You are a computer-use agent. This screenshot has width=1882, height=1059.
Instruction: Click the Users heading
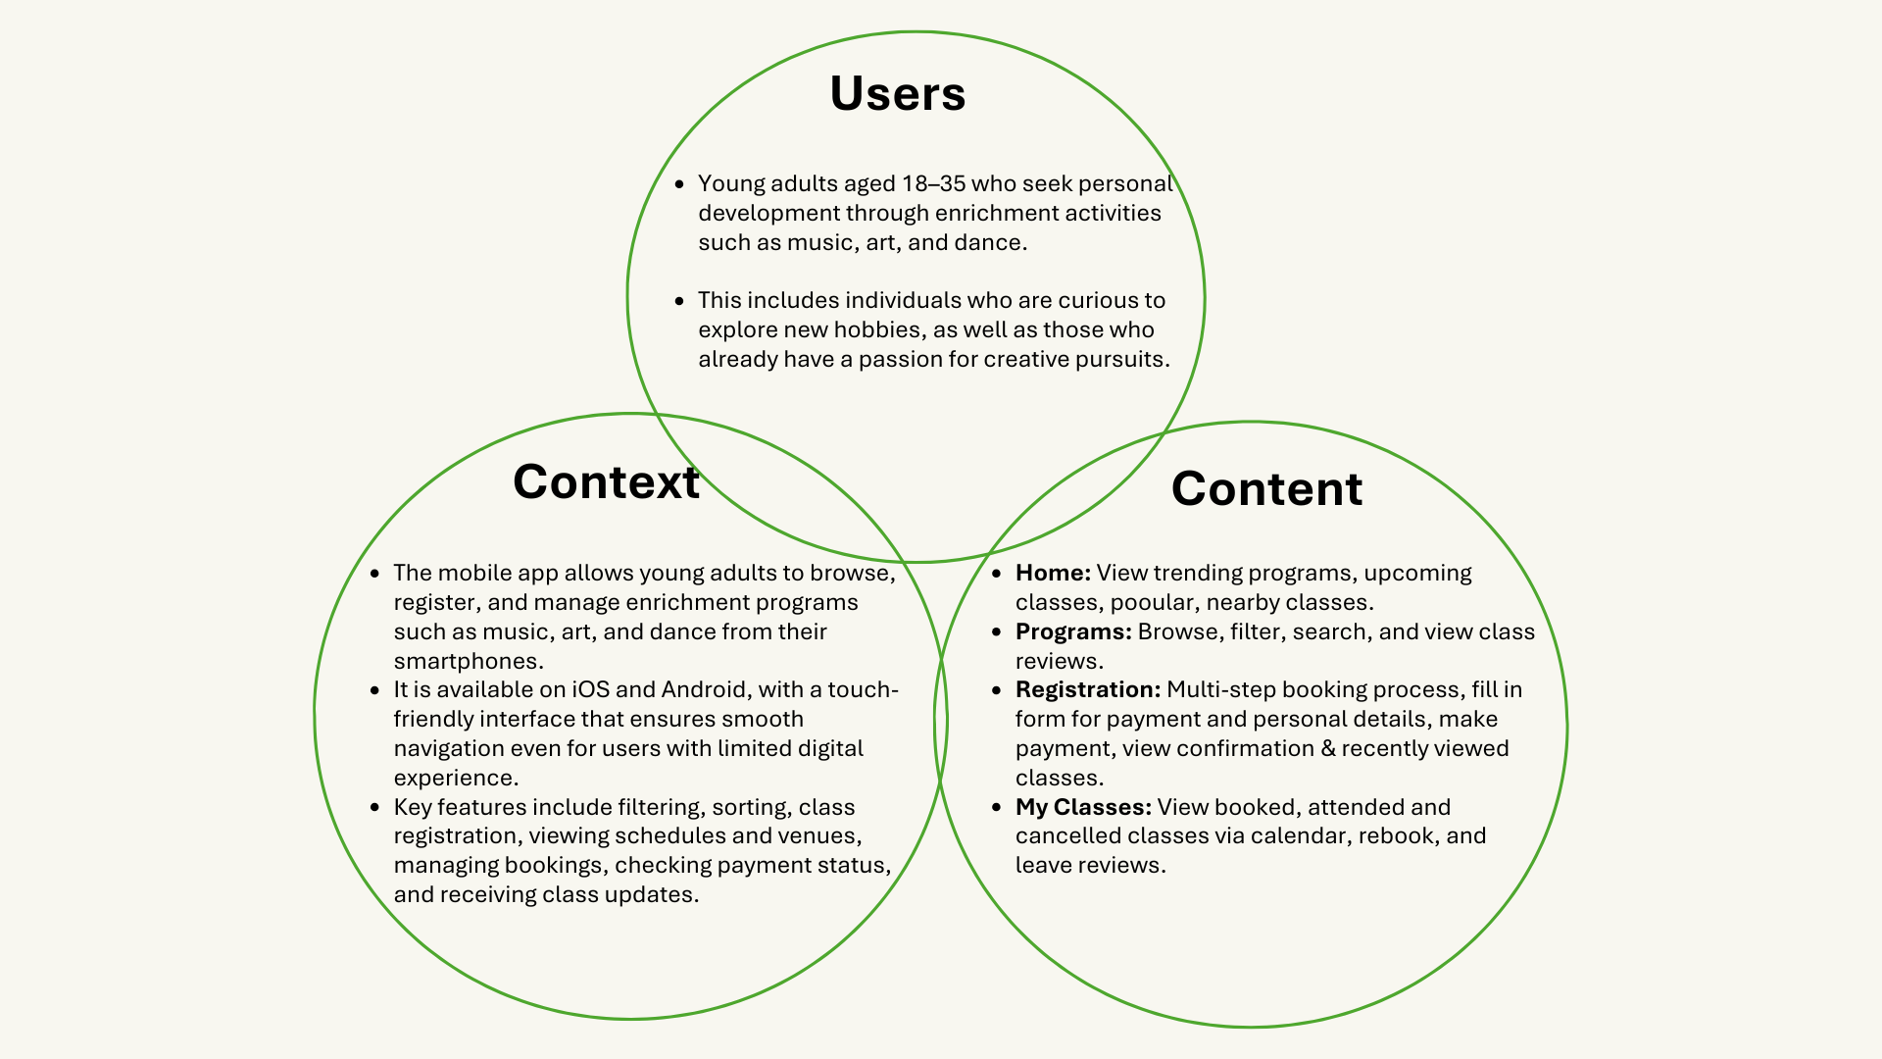click(897, 94)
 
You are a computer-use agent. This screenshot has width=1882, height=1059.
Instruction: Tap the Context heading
click(606, 482)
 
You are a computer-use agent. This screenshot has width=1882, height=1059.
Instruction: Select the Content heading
click(1266, 489)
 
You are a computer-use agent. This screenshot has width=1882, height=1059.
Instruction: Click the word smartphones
click(468, 662)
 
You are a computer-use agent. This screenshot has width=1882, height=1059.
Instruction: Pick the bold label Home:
click(1053, 574)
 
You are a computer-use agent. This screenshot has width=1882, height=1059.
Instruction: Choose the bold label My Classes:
click(1083, 808)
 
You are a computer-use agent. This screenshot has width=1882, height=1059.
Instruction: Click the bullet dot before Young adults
click(680, 184)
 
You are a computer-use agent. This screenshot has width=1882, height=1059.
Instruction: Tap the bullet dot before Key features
click(375, 808)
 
